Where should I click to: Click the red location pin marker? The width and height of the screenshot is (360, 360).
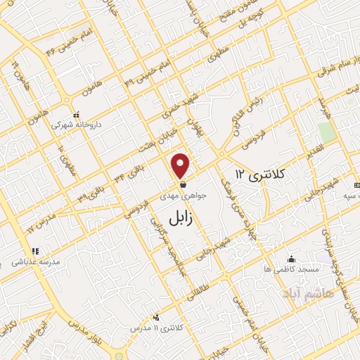pyautogui.click(x=181, y=166)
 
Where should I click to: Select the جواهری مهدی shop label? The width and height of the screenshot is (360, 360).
pyautogui.click(x=184, y=197)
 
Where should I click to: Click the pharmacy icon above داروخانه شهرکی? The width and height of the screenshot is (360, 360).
pyautogui.click(x=77, y=114)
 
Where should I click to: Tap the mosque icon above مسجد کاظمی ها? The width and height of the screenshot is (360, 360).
pyautogui.click(x=292, y=259)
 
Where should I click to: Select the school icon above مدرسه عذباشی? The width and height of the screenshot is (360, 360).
pyautogui.click(x=34, y=251)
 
